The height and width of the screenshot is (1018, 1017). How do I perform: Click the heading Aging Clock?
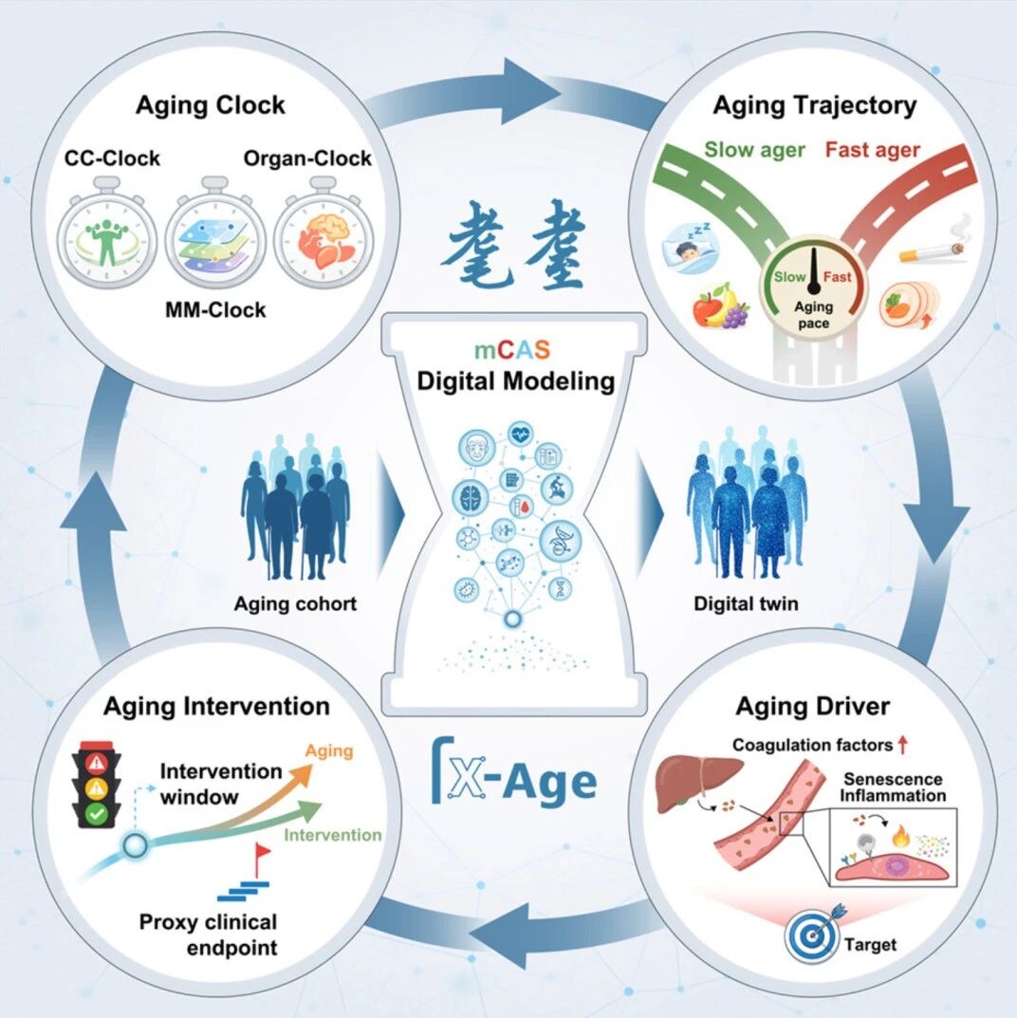[x=211, y=105]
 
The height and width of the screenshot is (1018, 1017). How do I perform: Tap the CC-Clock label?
[x=112, y=157]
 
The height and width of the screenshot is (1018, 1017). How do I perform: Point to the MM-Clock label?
[x=215, y=309]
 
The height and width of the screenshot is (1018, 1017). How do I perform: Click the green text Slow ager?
[x=754, y=150]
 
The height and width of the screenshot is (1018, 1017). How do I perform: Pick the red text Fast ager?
[x=872, y=150]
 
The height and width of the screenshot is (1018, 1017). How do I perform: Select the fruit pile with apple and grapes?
[x=720, y=306]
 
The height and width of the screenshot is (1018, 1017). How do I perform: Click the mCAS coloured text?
[x=512, y=350]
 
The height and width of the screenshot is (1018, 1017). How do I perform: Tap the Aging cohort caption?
[x=295, y=603]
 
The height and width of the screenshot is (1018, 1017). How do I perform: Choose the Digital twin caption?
[x=746, y=603]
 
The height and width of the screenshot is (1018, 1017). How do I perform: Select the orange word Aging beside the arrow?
[x=329, y=751]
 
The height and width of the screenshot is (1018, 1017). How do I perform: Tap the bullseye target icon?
[x=813, y=934]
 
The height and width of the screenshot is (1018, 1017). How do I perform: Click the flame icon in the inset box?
[x=901, y=836]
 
